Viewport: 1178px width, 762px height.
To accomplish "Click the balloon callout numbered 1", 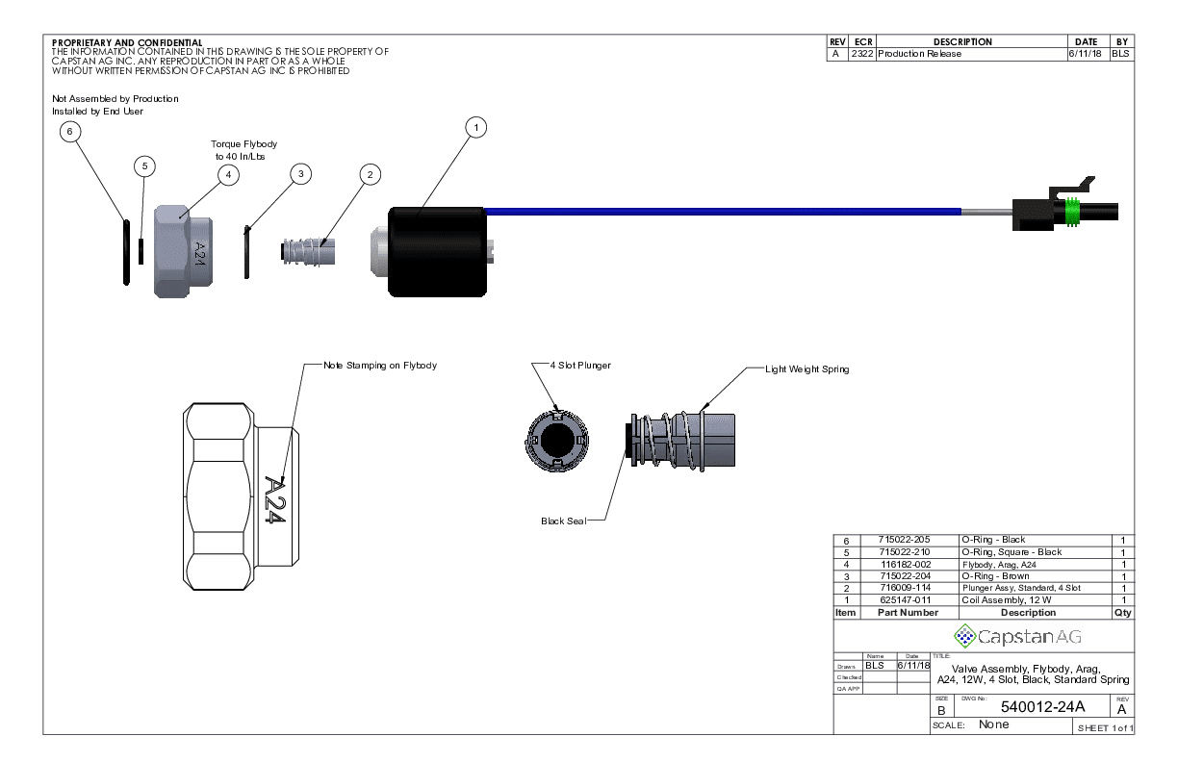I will point(475,127).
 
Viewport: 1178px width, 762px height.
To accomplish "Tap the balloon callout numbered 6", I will point(70,130).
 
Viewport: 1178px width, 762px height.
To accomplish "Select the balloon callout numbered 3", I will point(301,173).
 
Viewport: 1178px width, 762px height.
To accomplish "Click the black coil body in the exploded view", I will point(437,251).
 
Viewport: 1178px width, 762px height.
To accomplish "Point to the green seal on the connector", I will point(1071,213).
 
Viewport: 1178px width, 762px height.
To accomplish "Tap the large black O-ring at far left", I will point(126,252).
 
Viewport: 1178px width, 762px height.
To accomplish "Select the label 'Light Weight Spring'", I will point(807,369).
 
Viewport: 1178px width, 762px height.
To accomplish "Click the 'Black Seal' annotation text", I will point(562,521).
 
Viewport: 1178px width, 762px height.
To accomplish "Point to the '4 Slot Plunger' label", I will point(579,366).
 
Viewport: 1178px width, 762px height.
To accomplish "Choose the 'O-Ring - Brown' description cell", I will point(995,575).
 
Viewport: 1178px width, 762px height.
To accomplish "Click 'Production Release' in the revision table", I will point(919,54).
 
